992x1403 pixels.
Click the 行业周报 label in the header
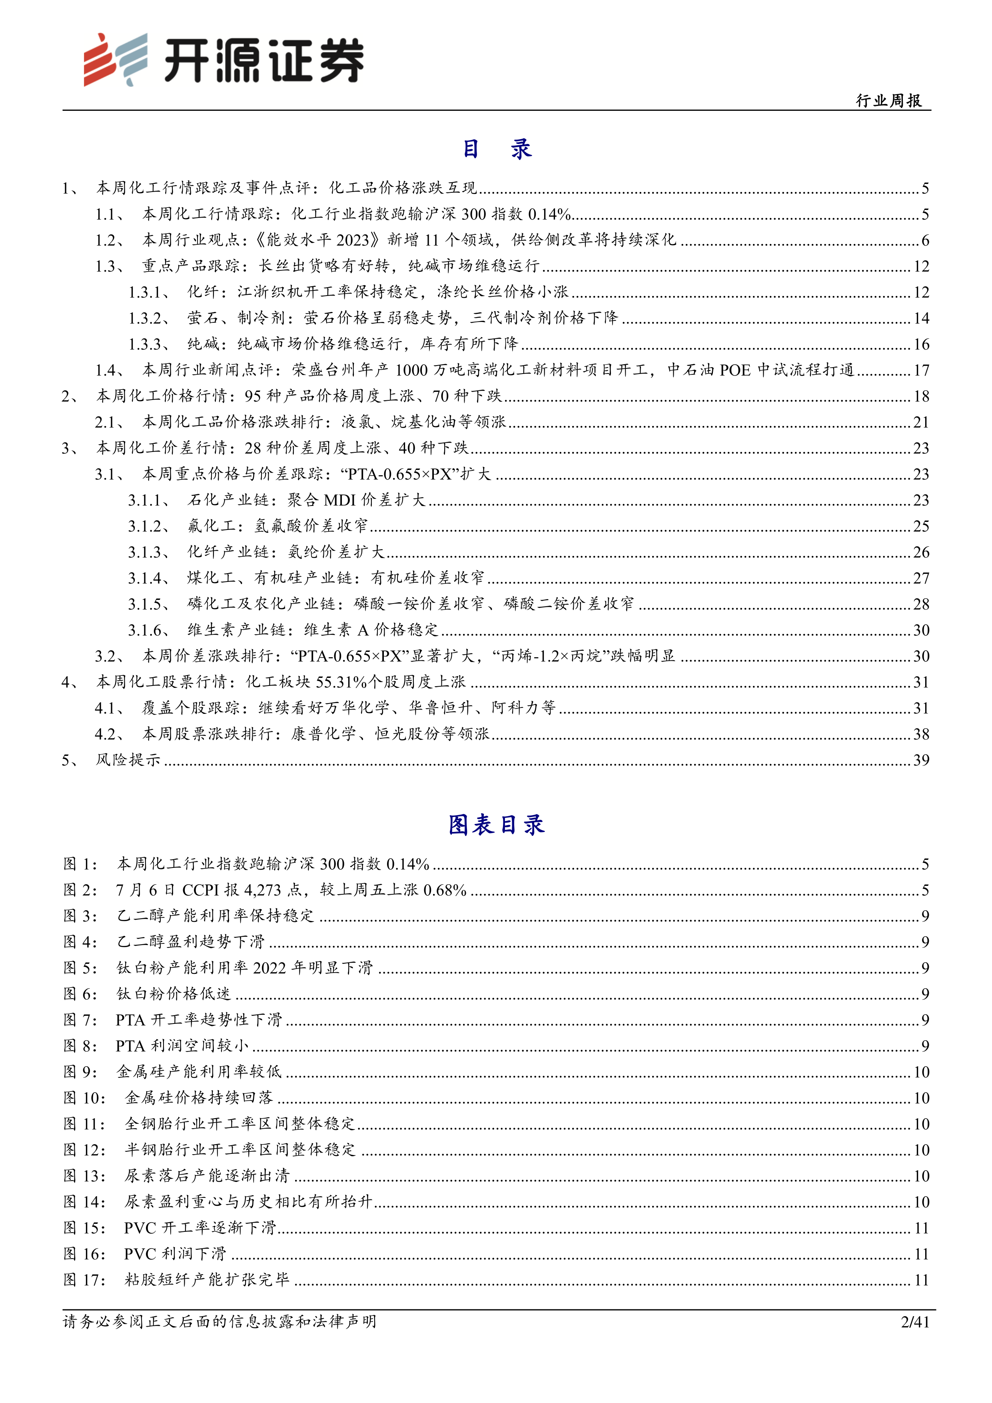tap(889, 101)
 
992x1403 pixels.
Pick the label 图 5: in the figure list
tap(80, 968)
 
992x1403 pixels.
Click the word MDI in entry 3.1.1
tap(339, 500)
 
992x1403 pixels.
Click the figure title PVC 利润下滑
tap(175, 1254)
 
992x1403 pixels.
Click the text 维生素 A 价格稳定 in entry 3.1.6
tap(371, 630)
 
